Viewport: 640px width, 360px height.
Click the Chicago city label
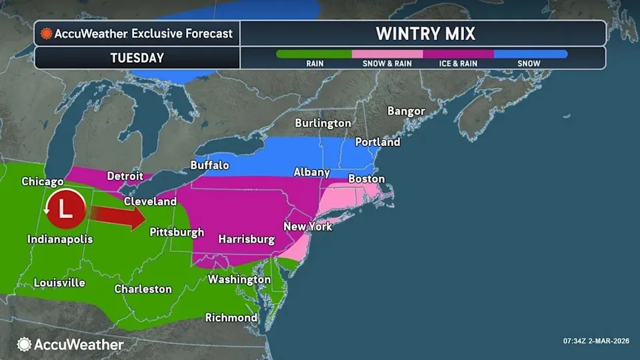(x=43, y=181)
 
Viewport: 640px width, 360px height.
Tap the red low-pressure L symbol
(x=65, y=209)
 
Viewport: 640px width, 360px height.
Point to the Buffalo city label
(x=209, y=165)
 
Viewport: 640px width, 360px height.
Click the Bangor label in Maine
(x=405, y=111)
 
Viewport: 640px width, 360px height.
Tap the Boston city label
(x=366, y=179)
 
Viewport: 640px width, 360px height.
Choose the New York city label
(x=307, y=227)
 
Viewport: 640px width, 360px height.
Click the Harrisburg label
(x=247, y=239)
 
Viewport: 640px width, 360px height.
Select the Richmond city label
(x=231, y=317)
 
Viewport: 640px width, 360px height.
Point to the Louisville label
(x=59, y=283)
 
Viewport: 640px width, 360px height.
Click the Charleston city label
(x=143, y=289)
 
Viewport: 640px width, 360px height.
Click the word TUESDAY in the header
(x=137, y=58)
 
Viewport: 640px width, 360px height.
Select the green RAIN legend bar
(x=314, y=54)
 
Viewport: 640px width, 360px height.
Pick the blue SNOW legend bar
(x=530, y=54)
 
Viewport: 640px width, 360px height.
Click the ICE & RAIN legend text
(x=457, y=64)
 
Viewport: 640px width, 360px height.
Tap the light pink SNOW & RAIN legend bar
(x=387, y=54)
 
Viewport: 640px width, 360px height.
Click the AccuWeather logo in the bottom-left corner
(x=70, y=344)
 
